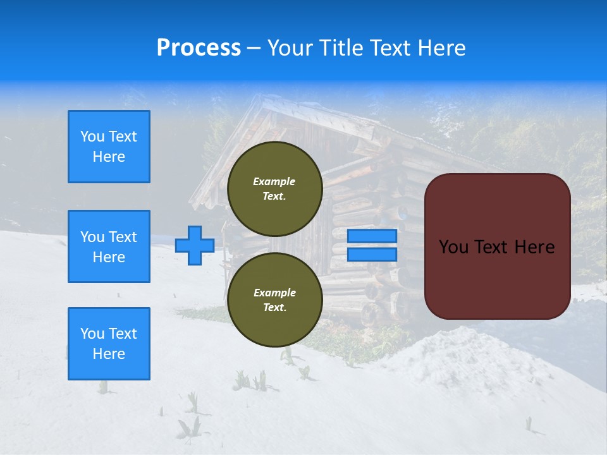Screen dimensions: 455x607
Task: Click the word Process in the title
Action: pyautogui.click(x=199, y=48)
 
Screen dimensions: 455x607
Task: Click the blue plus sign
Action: pyautogui.click(x=195, y=245)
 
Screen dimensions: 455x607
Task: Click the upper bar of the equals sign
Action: pyautogui.click(x=372, y=236)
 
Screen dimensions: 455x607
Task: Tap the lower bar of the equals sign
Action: pyautogui.click(x=372, y=254)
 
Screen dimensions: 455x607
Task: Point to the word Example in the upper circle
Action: pyautogui.click(x=274, y=181)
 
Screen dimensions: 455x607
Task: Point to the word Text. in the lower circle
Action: pyautogui.click(x=274, y=308)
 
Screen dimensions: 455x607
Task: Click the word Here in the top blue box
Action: pyautogui.click(x=109, y=157)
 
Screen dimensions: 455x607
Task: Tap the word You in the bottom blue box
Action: pyautogui.click(x=92, y=334)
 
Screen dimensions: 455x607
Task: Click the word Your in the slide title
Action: pyautogui.click(x=290, y=48)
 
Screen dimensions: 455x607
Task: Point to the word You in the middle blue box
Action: pyautogui.click(x=92, y=237)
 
